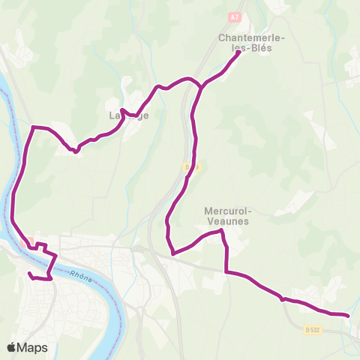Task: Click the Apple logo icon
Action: [x=12, y=347]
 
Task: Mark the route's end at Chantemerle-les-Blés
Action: [x=238, y=52]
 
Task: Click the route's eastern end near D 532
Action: [x=349, y=316]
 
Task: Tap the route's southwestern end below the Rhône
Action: [x=29, y=274]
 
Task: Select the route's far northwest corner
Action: [x=32, y=127]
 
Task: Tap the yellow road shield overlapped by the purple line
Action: [x=190, y=166]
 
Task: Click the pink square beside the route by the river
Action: [x=31, y=241]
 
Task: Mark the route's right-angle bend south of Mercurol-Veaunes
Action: [x=226, y=272]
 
